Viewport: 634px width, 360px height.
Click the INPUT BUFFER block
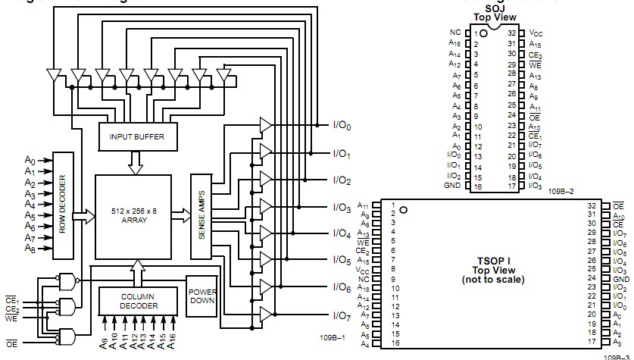[137, 136]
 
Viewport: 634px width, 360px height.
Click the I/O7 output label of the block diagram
[342, 315]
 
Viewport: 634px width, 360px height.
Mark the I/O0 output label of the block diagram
[342, 127]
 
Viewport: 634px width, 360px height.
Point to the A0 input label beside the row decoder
[30, 161]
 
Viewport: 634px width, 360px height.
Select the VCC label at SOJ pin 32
[536, 33]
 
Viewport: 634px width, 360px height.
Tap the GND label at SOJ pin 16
[453, 185]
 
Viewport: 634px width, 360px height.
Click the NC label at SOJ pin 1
[454, 33]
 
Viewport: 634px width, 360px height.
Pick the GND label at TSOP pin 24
[619, 279]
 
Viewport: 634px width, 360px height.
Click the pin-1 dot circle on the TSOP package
[404, 210]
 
